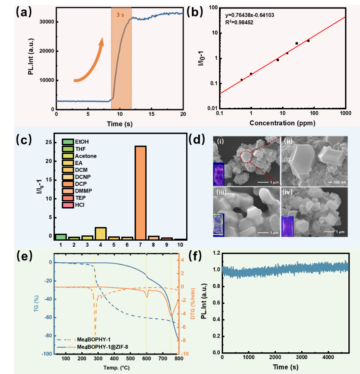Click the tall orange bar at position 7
point(141,193)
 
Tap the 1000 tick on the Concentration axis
point(345,113)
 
